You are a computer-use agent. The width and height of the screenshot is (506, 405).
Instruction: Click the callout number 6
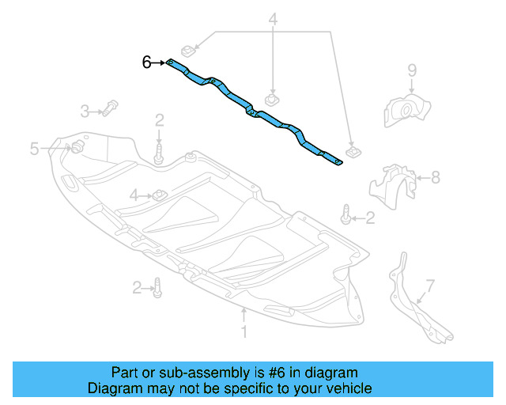pos(146,62)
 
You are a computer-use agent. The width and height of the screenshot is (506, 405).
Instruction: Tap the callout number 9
pos(412,72)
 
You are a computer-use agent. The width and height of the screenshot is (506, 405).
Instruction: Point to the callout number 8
pos(436,179)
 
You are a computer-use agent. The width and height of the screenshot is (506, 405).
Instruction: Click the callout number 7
pos(430,284)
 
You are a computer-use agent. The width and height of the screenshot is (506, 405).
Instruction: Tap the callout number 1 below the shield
pos(244,334)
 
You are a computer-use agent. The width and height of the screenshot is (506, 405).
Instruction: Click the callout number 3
pos(85,111)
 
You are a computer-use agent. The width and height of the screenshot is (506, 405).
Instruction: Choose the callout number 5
pos(34,148)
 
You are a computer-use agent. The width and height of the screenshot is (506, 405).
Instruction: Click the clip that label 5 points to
pos(77,147)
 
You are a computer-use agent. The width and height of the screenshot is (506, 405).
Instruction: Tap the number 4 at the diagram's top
pos(273,18)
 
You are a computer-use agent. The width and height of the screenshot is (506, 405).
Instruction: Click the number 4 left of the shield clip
pos(134,195)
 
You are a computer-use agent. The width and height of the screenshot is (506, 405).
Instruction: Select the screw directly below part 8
pos(345,213)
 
